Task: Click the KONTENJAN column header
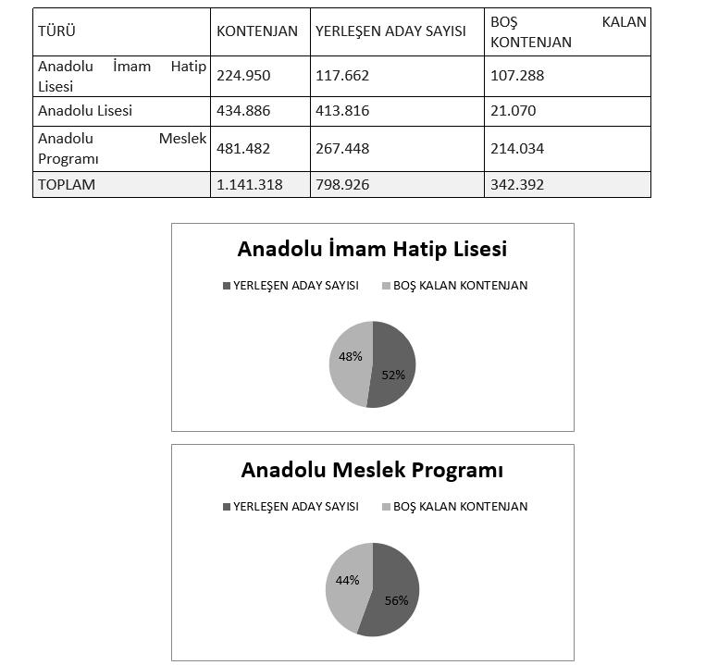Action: coord(257,31)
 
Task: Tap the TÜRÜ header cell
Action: coord(56,31)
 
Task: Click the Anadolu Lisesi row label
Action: coord(85,111)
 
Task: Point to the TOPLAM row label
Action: coord(67,185)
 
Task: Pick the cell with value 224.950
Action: coord(241,77)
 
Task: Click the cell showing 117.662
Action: coord(342,77)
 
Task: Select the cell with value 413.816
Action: coord(342,111)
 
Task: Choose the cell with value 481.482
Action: coord(241,148)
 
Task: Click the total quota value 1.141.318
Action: coord(250,185)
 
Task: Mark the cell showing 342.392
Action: coord(517,185)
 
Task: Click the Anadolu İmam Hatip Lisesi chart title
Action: coord(372,250)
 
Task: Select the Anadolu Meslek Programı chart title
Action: coord(372,470)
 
